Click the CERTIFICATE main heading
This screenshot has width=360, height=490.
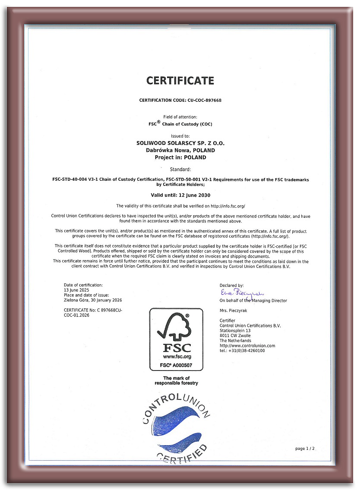coord(180,81)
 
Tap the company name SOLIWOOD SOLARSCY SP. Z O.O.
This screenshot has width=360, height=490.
coord(180,143)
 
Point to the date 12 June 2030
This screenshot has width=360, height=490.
coord(193,195)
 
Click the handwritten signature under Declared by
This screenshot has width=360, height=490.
coord(242,293)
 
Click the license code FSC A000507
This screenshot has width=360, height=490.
coord(176,365)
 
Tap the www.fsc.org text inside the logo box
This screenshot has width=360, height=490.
coord(177,357)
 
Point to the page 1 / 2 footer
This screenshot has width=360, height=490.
coord(305,449)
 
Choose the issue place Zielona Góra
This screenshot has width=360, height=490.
coord(76,300)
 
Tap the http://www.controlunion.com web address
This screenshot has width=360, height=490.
coord(247,346)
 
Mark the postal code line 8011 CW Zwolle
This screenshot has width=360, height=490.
coord(235,336)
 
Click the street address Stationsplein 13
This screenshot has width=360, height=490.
coord(235,330)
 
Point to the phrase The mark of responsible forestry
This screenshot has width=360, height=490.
coord(176,380)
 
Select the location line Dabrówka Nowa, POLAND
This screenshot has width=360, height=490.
coord(180,150)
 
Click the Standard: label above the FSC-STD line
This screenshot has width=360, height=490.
coord(180,169)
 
